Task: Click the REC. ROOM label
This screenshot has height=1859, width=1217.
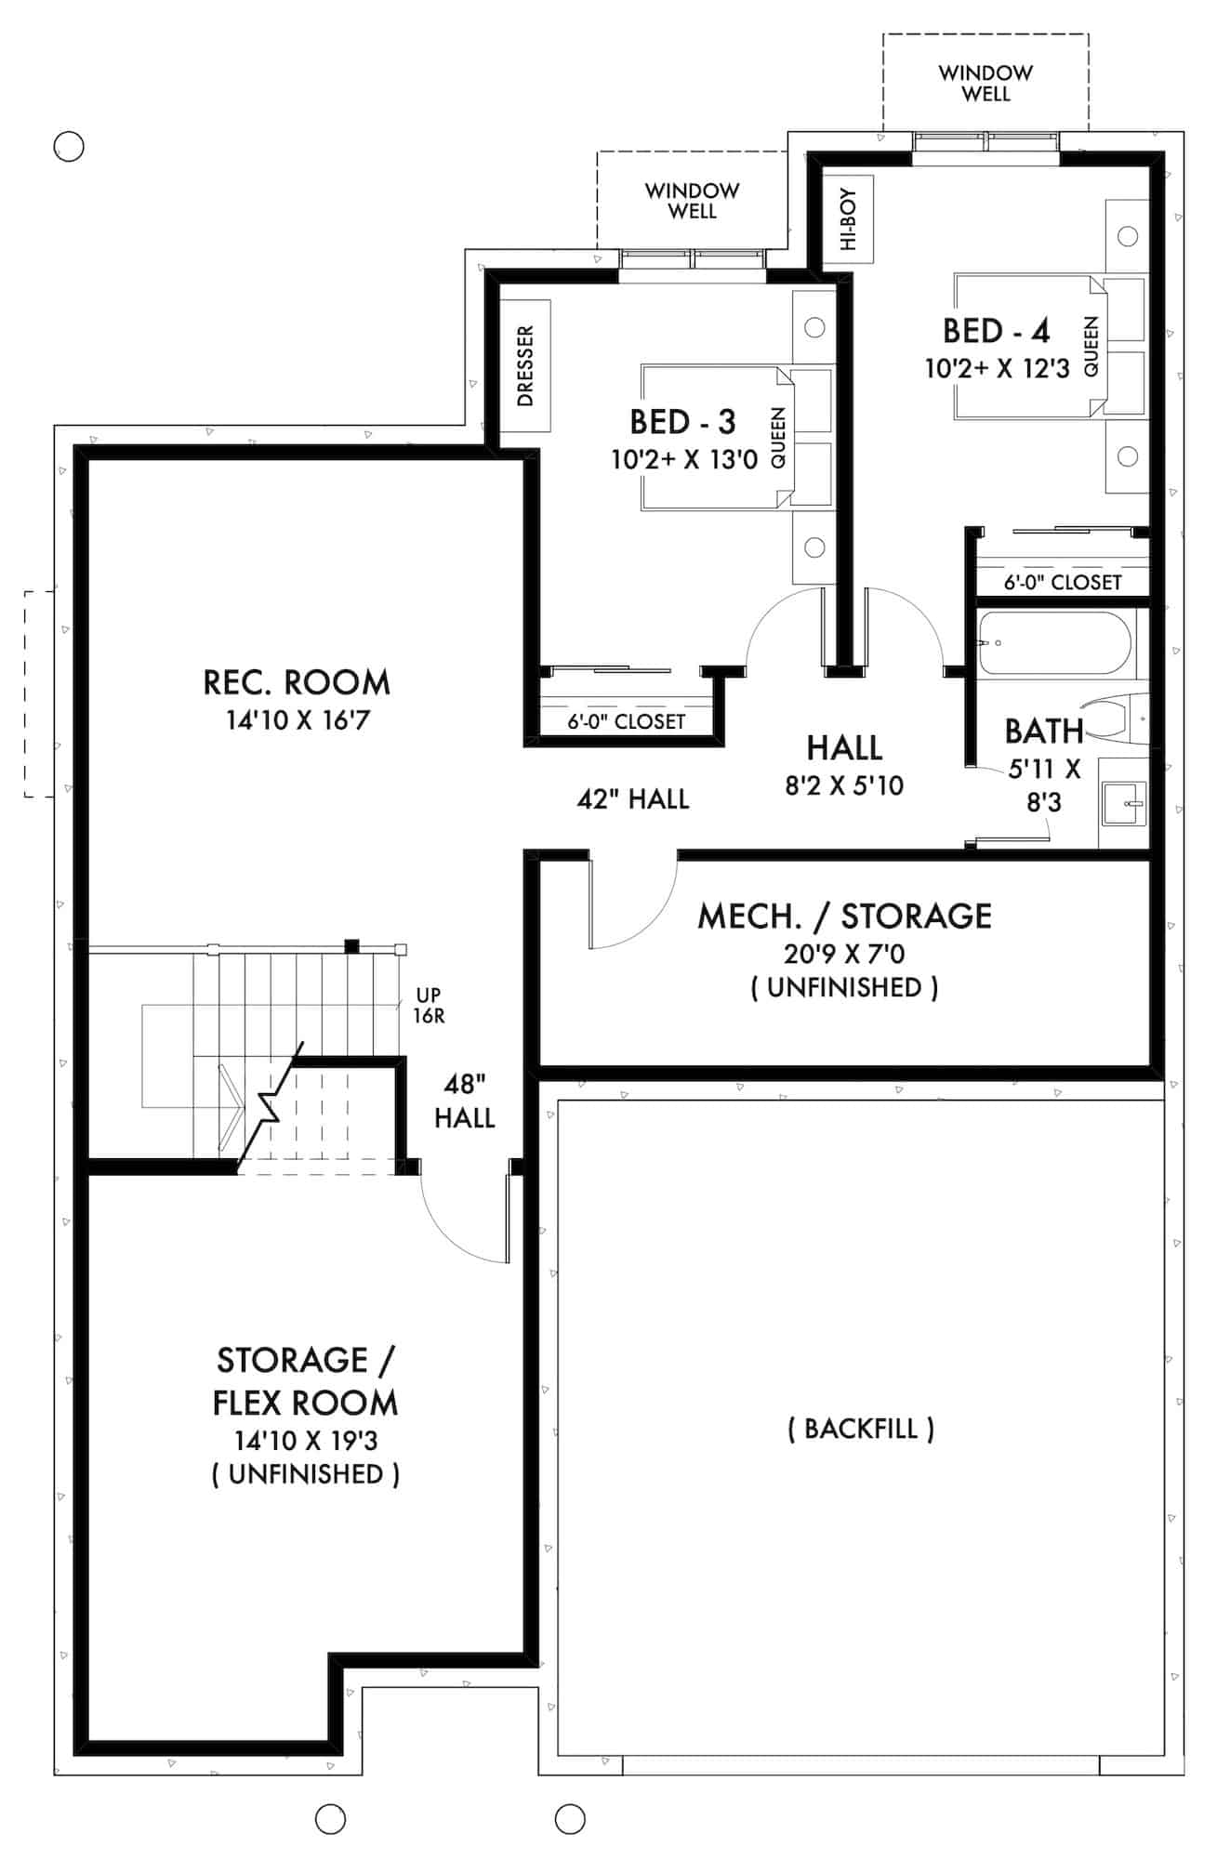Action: [x=297, y=683]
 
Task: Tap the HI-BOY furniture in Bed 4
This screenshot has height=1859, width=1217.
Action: [x=848, y=219]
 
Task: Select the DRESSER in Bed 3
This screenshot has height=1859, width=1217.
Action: [x=525, y=365]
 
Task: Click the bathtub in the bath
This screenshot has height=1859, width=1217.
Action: [x=1054, y=642]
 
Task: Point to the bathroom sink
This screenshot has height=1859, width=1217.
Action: [x=1125, y=801]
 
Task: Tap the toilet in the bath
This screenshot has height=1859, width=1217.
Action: [x=1120, y=719]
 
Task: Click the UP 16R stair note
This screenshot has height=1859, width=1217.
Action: [x=429, y=1006]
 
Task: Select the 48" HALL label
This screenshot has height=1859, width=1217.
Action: [x=464, y=1101]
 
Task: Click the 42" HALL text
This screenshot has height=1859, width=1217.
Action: [x=633, y=799]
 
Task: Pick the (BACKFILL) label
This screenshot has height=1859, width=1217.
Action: [x=861, y=1429]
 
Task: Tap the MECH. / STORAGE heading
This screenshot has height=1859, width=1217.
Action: [x=844, y=916]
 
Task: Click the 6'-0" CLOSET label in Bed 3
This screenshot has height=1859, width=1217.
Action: [x=626, y=722]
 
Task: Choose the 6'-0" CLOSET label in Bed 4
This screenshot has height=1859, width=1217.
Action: [x=1062, y=583]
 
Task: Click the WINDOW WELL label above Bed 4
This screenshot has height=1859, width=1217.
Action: [x=986, y=83]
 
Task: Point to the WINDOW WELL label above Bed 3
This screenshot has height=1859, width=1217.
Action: [x=692, y=201]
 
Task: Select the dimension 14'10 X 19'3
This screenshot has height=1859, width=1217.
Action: [x=305, y=1441]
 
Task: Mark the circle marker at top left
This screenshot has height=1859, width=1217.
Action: [x=69, y=146]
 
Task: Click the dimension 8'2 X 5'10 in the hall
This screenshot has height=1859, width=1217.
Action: [x=843, y=786]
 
